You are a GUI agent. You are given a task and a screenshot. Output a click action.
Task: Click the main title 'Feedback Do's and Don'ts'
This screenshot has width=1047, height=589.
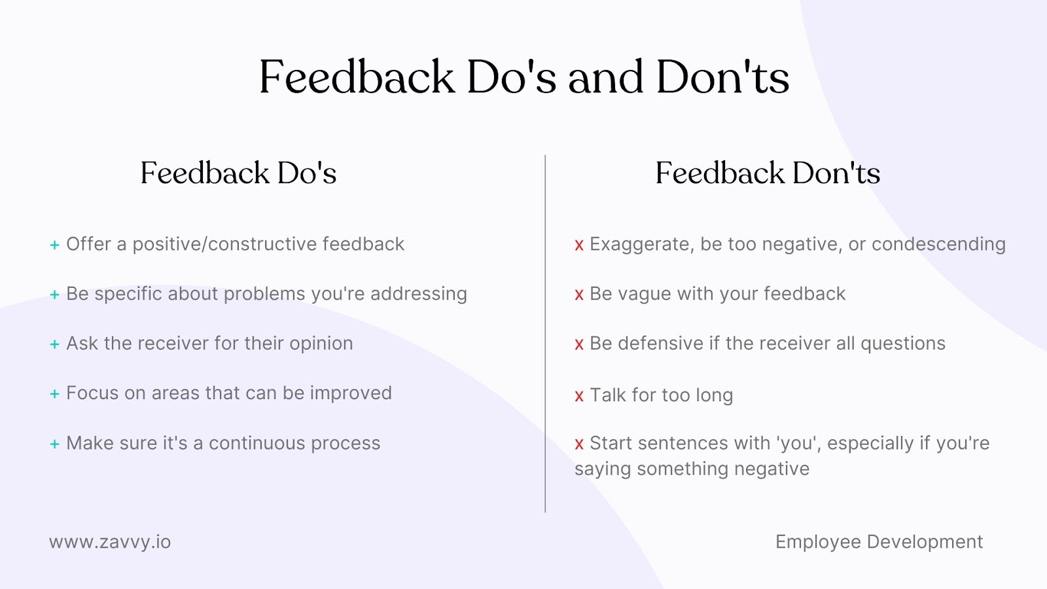point(524,77)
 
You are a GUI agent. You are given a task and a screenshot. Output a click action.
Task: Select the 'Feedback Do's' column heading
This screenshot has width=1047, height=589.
point(238,173)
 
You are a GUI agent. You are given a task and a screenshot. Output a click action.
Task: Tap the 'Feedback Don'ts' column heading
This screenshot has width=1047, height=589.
point(768,173)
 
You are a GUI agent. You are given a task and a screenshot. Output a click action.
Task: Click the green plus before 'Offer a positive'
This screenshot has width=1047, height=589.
point(55,245)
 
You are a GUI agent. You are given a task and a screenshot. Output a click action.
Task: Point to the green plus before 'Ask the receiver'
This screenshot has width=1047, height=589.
point(55,344)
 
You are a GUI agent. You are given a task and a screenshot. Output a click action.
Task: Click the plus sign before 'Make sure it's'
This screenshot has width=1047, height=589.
point(55,444)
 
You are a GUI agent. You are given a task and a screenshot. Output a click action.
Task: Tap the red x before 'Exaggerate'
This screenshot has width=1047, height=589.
point(579,245)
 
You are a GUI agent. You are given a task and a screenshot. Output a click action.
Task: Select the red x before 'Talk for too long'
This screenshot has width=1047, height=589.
point(579,396)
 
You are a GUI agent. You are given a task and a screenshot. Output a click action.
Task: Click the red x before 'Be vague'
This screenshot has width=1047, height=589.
point(579,294)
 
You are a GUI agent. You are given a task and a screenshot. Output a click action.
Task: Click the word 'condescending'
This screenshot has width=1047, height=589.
point(938,245)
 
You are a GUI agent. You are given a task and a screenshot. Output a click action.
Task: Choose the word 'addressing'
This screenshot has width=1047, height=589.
point(419,294)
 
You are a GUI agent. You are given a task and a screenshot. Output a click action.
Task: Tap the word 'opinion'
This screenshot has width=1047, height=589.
point(321,344)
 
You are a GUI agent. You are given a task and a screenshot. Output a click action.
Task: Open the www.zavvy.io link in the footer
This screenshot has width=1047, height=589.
point(111,543)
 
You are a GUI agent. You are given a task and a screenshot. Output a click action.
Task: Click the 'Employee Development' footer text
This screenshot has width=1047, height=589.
point(879,543)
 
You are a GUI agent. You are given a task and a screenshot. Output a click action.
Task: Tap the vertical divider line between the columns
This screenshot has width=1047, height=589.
point(545,334)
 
